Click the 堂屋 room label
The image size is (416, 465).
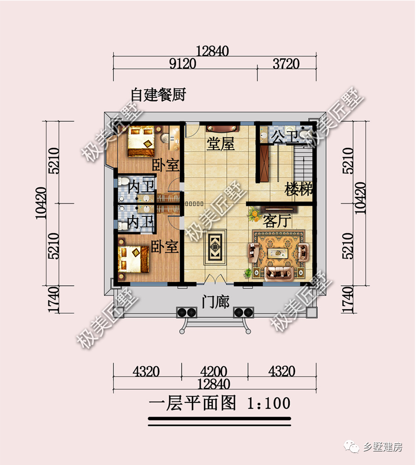(x=221, y=145)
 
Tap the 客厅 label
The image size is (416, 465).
(x=277, y=220)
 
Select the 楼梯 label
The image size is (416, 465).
(x=299, y=189)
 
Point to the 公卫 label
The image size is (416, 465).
(x=284, y=136)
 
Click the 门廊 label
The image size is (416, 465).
(x=215, y=302)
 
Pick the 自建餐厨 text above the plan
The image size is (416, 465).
(x=158, y=95)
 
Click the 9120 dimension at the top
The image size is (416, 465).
(x=183, y=64)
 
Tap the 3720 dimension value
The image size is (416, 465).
(x=286, y=64)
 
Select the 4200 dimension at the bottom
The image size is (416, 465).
(x=214, y=372)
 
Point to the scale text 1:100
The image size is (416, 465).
(x=269, y=403)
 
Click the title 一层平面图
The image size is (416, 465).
(x=192, y=403)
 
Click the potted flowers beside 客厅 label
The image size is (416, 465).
(x=254, y=215)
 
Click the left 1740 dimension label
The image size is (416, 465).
(x=54, y=300)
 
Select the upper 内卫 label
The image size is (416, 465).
(x=140, y=187)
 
